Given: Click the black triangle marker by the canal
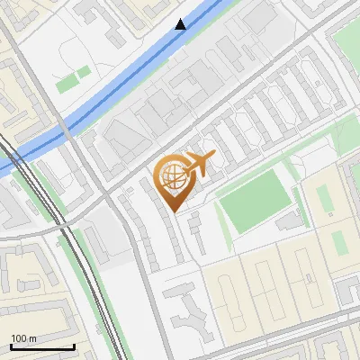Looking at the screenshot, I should click(181, 24).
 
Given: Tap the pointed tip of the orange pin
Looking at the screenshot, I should click(176, 211).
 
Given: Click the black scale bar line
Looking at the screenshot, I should click(42, 346).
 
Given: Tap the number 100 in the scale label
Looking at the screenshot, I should click(17, 338).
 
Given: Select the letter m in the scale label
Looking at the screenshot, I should click(31, 338).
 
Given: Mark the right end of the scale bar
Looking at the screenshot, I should click(74, 346).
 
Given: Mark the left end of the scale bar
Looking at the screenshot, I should click(10, 346).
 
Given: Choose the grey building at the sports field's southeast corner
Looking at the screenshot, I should click(288, 221).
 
